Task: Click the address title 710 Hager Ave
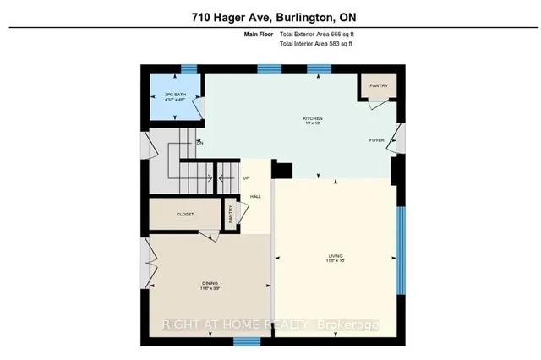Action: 270,16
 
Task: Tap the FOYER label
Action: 377,140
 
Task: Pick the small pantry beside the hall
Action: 229,215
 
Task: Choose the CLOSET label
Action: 184,215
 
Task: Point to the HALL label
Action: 254,197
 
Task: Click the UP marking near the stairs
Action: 246,178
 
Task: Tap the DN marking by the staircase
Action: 200,142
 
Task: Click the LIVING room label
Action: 336,255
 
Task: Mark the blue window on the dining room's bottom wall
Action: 245,341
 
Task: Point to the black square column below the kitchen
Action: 281,170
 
